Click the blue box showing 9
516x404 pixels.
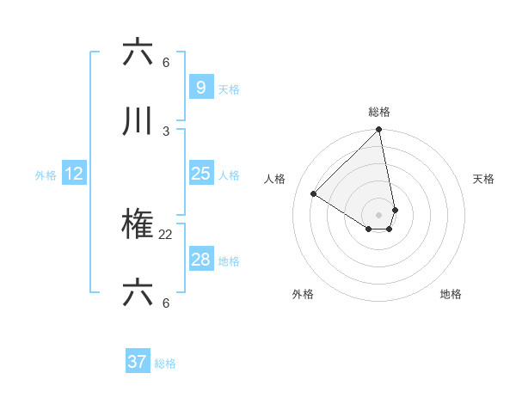pos(200,87)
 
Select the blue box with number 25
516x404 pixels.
pos(200,174)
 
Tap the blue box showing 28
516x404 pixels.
pos(200,260)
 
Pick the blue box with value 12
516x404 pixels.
pos(74,174)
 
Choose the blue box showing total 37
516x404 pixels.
pos(137,362)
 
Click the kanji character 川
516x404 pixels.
pos(138,123)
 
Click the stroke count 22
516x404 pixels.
pos(166,234)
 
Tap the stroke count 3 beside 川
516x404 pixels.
pos(166,131)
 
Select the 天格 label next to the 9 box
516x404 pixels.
pos(229,89)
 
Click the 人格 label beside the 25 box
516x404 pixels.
pos(229,175)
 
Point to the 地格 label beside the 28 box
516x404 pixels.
pos(229,261)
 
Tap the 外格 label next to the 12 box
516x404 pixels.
pos(46,175)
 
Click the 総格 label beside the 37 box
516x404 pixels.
pos(165,364)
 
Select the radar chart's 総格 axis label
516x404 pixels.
pos(379,112)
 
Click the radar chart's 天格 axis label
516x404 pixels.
pos(483,179)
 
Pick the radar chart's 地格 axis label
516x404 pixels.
pos(451,294)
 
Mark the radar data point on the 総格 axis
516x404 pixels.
pos(379,130)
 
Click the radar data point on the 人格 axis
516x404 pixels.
pos(314,194)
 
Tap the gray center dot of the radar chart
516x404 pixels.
pos(379,214)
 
